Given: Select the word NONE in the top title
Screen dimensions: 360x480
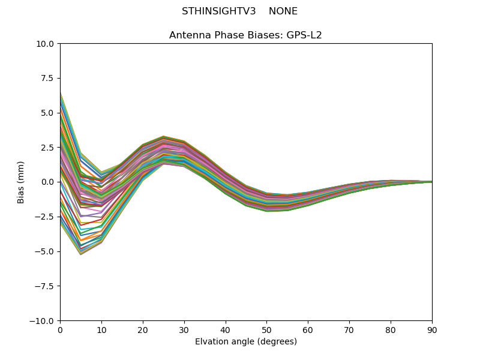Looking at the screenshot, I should [283, 11].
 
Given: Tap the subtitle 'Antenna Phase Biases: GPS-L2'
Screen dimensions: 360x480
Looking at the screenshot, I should [245, 35].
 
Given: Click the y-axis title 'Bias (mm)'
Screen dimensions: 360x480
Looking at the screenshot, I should [21, 182].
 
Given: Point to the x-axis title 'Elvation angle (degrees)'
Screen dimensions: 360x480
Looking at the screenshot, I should [245, 342].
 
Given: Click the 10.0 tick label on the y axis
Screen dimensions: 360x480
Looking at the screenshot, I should [46, 44].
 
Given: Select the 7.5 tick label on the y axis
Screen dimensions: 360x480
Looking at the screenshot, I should [48, 79].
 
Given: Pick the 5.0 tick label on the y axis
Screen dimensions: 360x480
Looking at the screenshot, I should [48, 113].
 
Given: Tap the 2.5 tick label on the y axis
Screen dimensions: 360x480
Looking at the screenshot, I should [48, 148].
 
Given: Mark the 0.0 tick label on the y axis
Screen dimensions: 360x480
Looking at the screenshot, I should [48, 182].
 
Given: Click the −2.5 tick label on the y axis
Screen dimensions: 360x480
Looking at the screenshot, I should [45, 217].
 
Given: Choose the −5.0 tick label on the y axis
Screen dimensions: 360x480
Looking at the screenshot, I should [45, 251].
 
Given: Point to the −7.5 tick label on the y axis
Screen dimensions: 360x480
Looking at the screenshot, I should [45, 286].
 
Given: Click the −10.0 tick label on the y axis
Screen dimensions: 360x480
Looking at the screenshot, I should [43, 321].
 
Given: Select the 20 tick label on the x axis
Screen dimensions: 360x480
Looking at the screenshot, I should [143, 330].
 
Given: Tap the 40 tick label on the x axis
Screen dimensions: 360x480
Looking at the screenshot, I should [226, 330].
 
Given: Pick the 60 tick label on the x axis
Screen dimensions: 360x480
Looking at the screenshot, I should [308, 330].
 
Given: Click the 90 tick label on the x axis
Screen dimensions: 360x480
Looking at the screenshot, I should [432, 330].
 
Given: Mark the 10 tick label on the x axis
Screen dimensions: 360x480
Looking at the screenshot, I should [101, 330].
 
